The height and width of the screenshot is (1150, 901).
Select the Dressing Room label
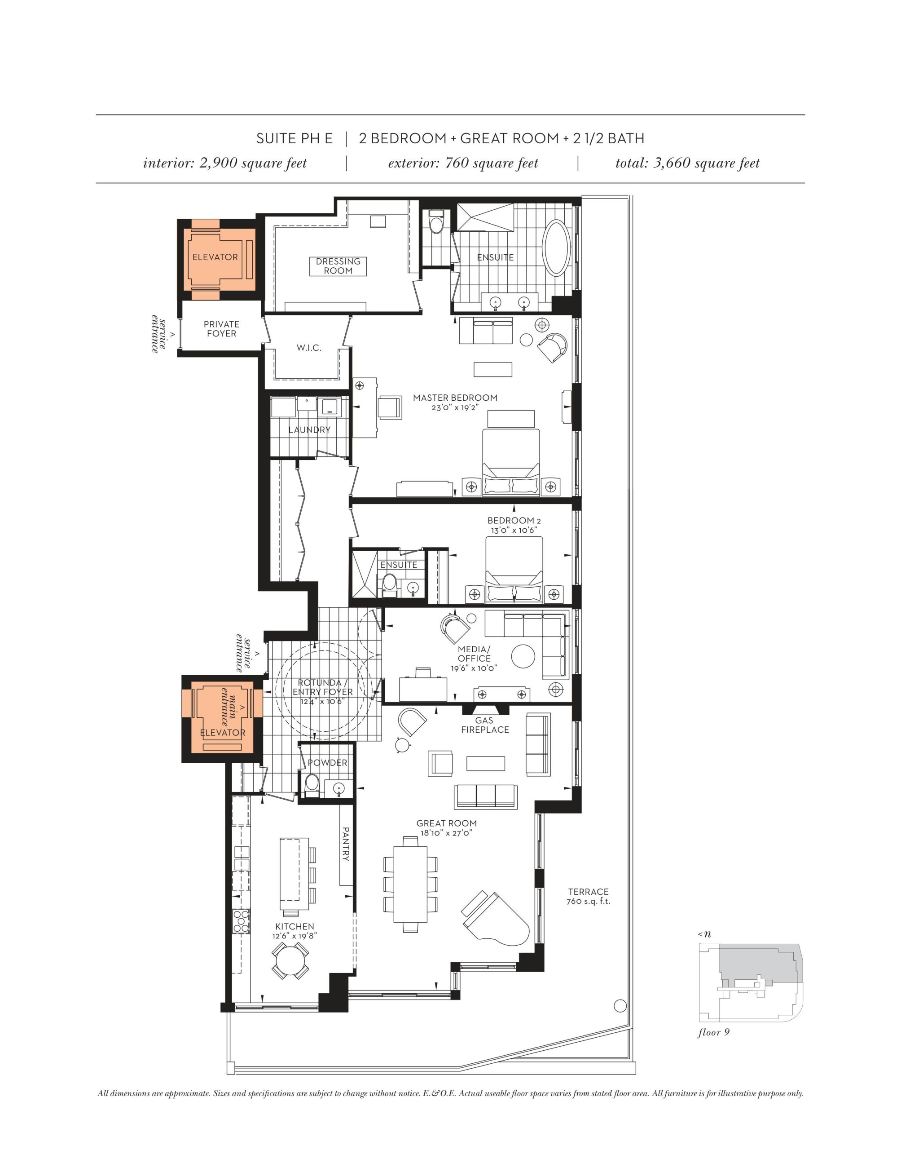pyautogui.click(x=338, y=266)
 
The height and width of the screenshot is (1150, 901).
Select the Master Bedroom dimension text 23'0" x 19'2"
pyautogui.click(x=455, y=407)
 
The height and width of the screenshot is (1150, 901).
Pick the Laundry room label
pyautogui.click(x=310, y=430)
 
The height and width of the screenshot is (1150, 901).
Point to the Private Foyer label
pyautogui.click(x=222, y=329)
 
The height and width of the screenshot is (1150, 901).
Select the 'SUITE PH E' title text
pyautogui.click(x=294, y=138)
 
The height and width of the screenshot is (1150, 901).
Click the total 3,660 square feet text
pyautogui.click(x=687, y=163)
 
